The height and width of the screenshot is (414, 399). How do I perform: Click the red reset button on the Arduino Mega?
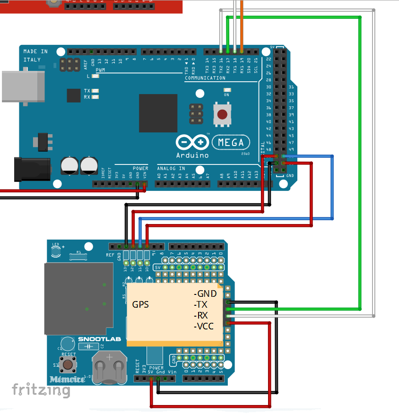coord(221,114)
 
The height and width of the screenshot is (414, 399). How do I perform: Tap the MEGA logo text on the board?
coord(230,142)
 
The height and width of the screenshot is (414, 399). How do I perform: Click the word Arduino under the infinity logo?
coord(193,155)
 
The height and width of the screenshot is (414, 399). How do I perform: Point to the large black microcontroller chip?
coord(158,113)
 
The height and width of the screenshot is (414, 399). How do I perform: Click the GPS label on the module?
coord(140,305)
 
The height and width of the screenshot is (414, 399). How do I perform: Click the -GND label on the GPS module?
coord(205,293)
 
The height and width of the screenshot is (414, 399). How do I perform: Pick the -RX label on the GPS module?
coord(202,315)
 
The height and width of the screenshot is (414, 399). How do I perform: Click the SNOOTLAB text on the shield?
coord(99,339)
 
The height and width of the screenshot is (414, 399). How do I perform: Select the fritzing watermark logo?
coord(41,390)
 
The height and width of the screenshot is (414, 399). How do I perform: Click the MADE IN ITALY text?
coord(35,56)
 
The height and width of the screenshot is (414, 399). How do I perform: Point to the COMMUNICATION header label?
coord(205,78)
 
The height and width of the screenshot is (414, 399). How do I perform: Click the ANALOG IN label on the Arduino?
coord(171,168)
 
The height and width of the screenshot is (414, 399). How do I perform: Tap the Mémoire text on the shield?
coord(67,379)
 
